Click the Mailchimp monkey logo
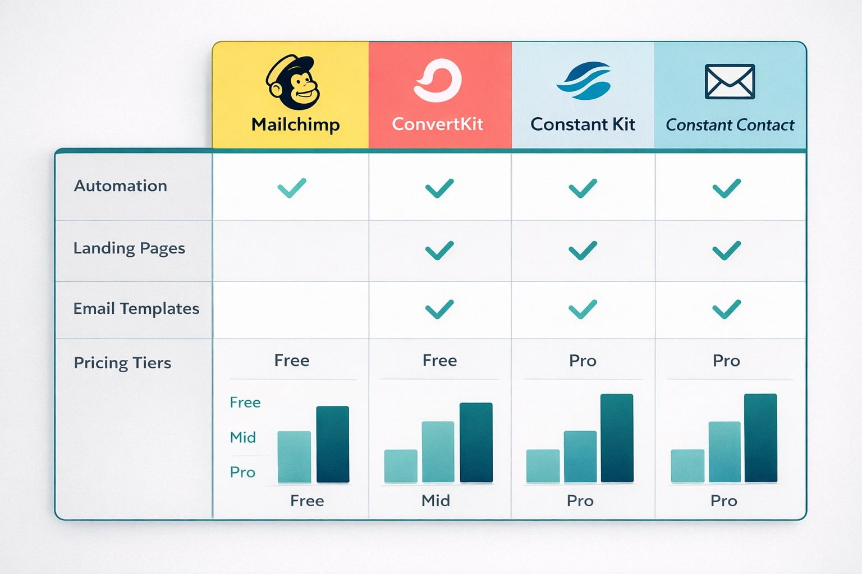pos(293,82)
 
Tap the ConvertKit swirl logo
pos(438,81)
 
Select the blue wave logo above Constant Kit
pos(583,81)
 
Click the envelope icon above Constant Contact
pos(730,81)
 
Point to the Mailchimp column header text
pos(296,124)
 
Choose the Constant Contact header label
pos(730,125)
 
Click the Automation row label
pos(121,186)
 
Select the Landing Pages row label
pos(129,248)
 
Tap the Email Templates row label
pos(136,309)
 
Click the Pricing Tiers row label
pos(122,363)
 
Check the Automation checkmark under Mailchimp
pos(292,187)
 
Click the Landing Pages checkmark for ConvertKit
pos(439,250)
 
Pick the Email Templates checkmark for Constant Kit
pos(583,309)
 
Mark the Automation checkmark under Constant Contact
pos(726,188)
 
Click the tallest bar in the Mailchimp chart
pos(333,444)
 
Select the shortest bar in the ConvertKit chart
pos(401,466)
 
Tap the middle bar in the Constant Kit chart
pos(580,456)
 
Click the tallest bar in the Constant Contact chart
pos(760,438)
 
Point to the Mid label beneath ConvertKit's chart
pos(435,501)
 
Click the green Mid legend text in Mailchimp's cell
pos(243,437)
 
